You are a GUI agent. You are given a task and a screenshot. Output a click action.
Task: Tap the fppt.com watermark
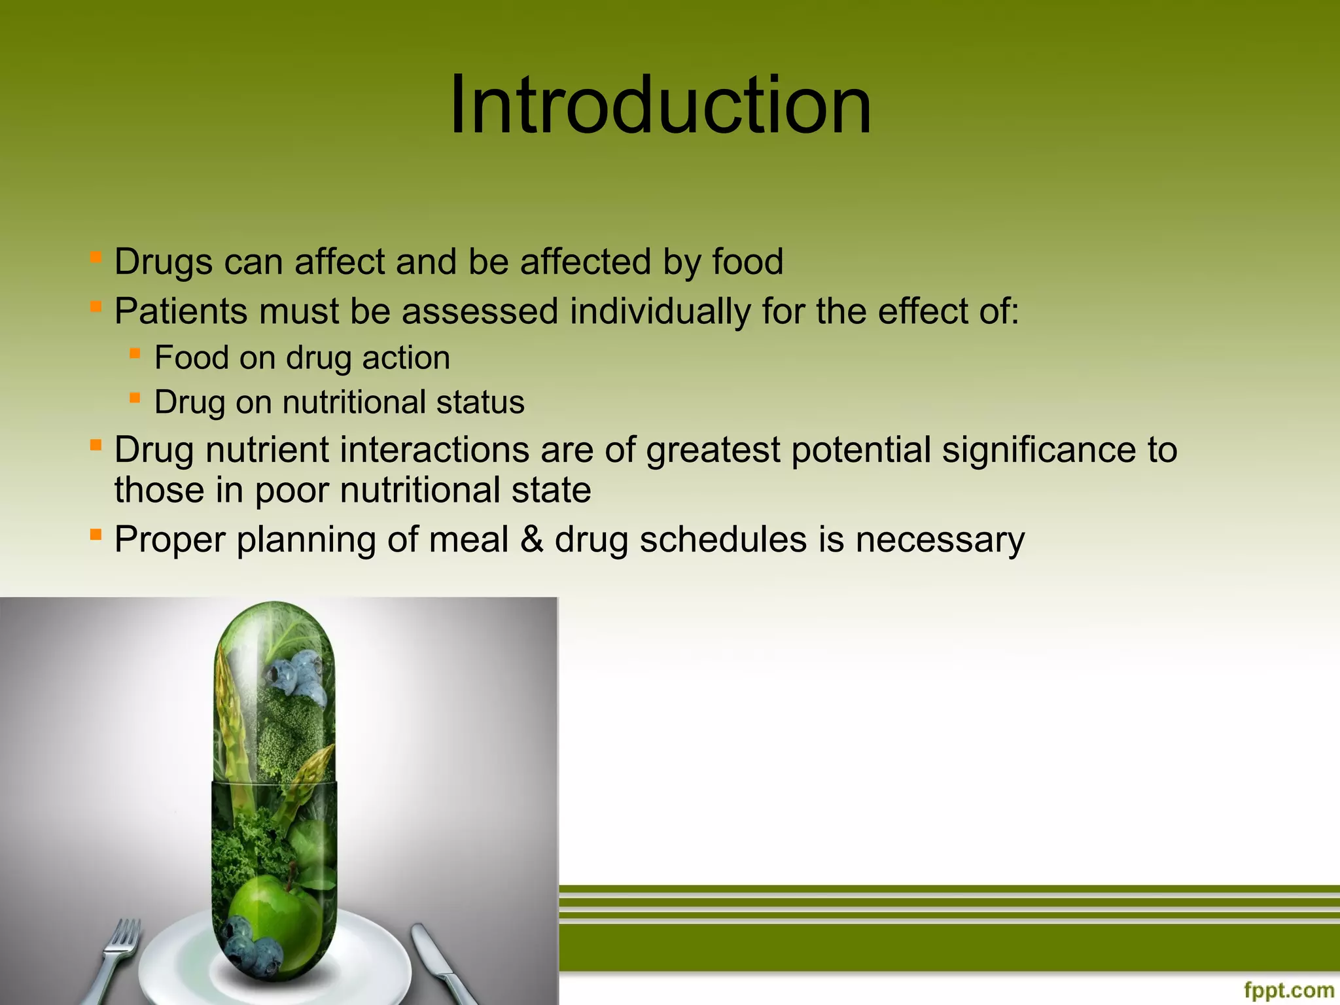pos(1288,990)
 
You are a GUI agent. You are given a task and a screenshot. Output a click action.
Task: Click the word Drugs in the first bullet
pos(163,262)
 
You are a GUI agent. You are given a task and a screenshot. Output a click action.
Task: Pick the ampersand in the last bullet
pos(532,540)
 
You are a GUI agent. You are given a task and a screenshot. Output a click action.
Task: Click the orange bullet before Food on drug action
pos(135,353)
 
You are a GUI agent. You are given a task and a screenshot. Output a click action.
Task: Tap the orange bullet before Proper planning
pos(96,535)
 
